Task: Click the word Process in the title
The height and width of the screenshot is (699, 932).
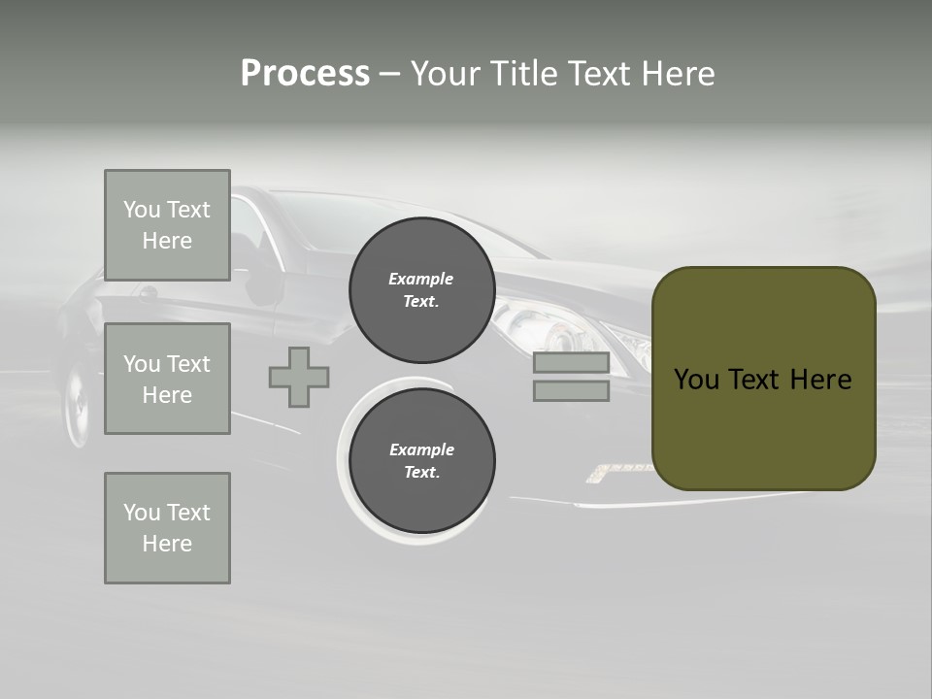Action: pos(305,74)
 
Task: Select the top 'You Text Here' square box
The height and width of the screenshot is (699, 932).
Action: pos(167,225)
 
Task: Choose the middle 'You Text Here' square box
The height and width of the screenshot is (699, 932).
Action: pos(167,379)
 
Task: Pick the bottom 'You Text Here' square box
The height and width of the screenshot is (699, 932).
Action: pos(167,528)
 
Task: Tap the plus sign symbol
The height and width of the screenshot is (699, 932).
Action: pos(299,377)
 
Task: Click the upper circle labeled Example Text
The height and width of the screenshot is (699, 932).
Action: pos(421,290)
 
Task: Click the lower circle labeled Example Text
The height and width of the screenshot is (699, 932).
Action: pos(421,461)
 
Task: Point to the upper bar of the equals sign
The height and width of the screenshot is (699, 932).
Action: pos(571,363)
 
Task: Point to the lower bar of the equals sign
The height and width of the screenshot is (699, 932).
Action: pos(571,391)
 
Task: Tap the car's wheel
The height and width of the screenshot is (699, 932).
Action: pos(77,407)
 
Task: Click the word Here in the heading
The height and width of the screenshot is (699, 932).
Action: pos(677,74)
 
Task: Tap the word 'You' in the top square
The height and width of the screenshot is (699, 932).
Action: pos(142,210)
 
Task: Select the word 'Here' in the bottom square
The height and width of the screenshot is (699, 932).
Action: pos(167,544)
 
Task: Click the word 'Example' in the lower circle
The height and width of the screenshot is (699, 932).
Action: pos(421,449)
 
